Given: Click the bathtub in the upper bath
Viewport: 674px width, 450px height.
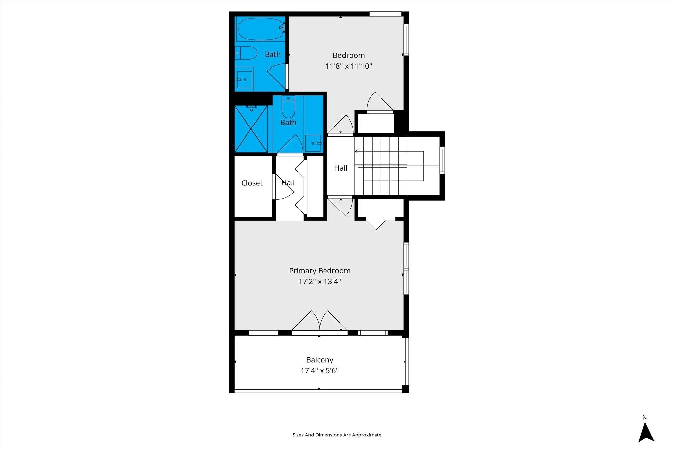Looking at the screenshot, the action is coord(260,29).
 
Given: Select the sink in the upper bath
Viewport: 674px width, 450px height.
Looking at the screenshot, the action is coord(244,79).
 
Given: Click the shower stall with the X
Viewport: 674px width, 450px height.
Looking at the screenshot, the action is coord(251,129).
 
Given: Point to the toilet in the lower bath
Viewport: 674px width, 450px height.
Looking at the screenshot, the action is coord(288,106).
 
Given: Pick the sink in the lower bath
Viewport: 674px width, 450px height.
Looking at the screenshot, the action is coord(313,143).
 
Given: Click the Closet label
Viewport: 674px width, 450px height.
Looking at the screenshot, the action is coord(252,183).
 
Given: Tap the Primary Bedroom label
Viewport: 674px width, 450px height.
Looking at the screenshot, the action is coord(320,271).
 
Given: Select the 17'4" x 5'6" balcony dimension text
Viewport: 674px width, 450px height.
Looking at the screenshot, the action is coord(320,371).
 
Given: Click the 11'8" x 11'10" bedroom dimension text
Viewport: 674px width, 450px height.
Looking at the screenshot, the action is coord(349,66).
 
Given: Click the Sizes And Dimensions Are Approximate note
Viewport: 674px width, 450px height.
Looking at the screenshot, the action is coord(337,435).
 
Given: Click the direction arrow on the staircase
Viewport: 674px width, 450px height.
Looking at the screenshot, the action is coord(389,152).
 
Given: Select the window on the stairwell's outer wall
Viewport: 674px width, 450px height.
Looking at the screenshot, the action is coord(442,160).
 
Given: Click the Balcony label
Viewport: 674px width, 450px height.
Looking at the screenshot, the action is coord(320,360).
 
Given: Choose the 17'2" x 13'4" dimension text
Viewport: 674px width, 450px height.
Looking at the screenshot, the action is coord(320,281).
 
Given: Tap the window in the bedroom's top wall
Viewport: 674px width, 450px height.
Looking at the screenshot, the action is coord(385,14).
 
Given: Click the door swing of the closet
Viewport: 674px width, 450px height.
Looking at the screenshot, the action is coord(283,187).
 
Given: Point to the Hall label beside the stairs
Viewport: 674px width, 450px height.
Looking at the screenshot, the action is coord(341,168).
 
